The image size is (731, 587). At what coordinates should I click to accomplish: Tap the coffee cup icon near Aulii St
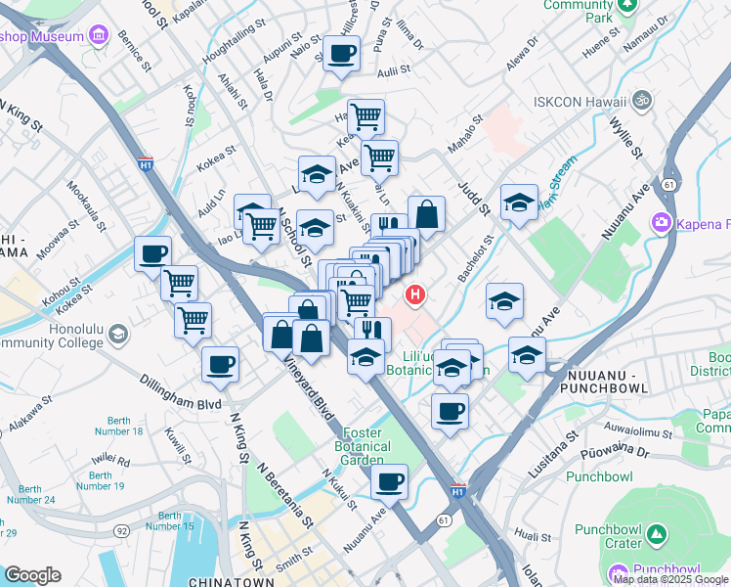341,54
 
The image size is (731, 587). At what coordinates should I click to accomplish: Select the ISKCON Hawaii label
579,101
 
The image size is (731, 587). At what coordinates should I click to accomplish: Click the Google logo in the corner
32,575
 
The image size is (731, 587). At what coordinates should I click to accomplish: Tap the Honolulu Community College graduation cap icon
117,335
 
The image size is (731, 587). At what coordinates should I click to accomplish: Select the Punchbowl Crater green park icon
658,535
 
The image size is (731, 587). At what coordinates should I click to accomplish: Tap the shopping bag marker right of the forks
426,214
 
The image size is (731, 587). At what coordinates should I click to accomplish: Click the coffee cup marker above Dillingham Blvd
219,365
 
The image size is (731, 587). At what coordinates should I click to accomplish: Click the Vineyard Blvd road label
309,386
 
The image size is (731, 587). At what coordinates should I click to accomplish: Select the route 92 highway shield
121,530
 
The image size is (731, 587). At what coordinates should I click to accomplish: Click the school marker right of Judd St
519,203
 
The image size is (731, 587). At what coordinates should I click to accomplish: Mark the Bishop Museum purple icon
98,37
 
